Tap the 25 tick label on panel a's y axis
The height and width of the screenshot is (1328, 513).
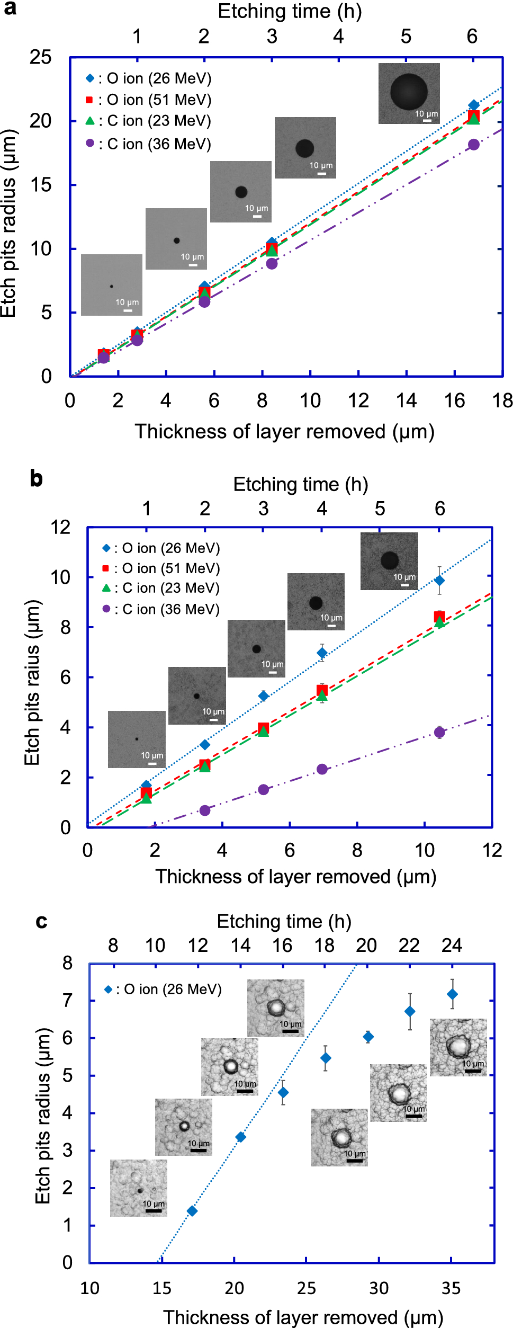tap(41, 57)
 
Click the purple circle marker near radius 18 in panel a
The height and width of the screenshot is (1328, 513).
tap(473, 145)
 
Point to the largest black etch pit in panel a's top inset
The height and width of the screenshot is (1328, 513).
tap(409, 91)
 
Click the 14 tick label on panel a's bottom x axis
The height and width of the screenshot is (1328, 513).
tap(406, 400)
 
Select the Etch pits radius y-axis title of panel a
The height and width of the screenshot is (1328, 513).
tap(8, 222)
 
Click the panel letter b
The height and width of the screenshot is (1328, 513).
tap(36, 478)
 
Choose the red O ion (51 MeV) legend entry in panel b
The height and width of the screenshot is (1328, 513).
tap(161, 568)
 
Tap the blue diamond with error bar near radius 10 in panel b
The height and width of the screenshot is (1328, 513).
tap(439, 580)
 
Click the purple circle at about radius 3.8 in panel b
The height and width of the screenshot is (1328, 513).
tap(439, 733)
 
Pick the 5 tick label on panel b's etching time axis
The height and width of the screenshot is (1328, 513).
tap(380, 509)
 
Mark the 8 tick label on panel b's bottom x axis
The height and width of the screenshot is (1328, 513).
tap(357, 850)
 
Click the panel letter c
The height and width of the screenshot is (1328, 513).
tap(41, 922)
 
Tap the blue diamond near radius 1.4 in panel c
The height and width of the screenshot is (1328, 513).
tap(192, 1211)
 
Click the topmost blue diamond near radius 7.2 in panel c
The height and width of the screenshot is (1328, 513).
tap(452, 994)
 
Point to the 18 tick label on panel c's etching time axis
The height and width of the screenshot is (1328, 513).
tap(324, 946)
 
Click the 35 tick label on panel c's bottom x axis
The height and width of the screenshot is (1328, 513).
tap(451, 1288)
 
